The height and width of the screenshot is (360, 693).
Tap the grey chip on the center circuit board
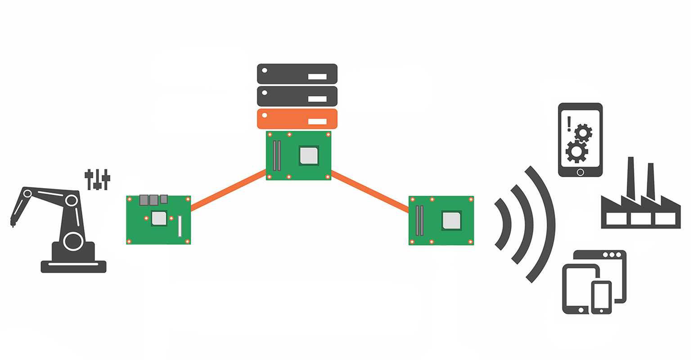[x=309, y=155]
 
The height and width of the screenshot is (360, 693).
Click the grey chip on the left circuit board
[x=159, y=218]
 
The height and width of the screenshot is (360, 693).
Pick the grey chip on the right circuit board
[x=451, y=221]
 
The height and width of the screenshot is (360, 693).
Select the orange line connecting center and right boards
[x=370, y=191]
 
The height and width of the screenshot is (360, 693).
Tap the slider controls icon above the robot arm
[x=97, y=179]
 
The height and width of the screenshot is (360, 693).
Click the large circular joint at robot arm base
[x=73, y=241]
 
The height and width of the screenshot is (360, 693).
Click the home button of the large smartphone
[x=580, y=172]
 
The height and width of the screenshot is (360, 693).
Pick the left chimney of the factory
[x=631, y=178]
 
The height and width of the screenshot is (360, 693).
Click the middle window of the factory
[x=641, y=219]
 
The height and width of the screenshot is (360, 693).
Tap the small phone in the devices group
[x=601, y=297]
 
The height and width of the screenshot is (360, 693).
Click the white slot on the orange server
[x=317, y=121]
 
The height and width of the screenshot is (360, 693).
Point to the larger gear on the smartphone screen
[x=576, y=151]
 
